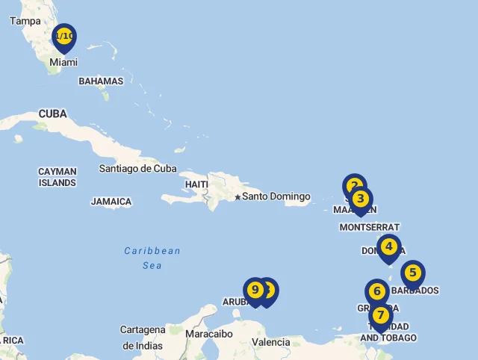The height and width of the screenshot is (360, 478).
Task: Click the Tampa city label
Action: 25,21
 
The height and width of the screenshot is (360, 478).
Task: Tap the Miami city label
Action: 63,63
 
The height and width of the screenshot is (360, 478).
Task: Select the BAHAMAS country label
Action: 101,81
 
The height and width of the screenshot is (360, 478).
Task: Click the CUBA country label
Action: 52,114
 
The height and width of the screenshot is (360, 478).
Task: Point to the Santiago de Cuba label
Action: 137,168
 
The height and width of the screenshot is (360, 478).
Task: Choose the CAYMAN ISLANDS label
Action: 58,177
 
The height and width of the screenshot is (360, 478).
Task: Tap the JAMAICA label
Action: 111,202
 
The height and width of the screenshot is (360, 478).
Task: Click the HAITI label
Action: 196,184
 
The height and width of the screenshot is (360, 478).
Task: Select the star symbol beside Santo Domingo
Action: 238,197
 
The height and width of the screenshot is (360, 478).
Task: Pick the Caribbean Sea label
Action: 152,258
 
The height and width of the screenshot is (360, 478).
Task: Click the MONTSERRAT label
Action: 369,227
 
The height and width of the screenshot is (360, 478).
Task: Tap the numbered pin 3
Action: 361,199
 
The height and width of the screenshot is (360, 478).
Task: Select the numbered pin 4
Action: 388,246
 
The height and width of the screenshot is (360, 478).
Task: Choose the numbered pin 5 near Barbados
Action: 412,273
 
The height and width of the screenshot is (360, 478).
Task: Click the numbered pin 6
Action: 377,291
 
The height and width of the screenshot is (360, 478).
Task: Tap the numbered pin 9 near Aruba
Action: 255,290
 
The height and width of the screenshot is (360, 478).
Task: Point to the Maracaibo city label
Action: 209,334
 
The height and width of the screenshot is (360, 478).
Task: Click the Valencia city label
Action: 271,342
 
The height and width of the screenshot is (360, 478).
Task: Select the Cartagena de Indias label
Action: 143,338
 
